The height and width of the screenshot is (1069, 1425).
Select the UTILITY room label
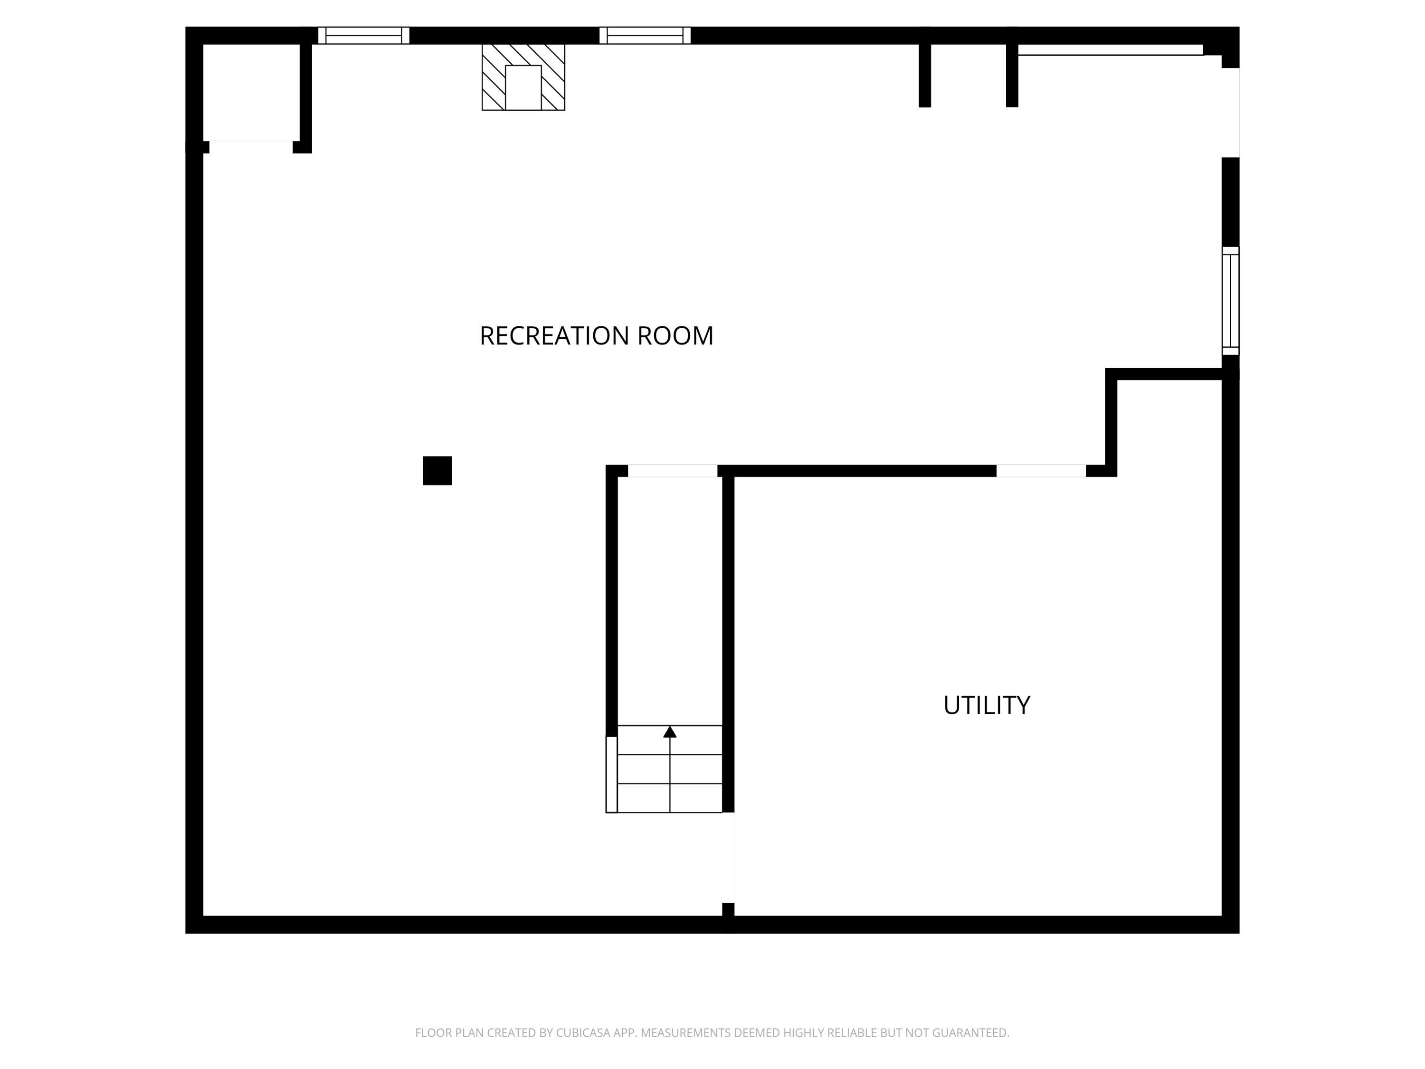986,706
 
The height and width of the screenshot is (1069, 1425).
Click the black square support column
437,470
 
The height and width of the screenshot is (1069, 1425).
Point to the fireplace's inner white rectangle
523,87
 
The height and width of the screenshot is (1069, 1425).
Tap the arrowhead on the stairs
670,732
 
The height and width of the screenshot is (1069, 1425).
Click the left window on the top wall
364,36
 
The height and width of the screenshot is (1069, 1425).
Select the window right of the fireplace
645,36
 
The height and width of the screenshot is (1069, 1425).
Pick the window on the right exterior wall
1230,301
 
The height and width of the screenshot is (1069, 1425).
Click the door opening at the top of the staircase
673,471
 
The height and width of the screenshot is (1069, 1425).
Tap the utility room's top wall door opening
1041,471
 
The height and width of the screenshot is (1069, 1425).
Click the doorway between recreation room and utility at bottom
728,858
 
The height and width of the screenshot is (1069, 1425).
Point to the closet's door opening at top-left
251,147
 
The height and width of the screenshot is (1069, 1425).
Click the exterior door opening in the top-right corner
1230,112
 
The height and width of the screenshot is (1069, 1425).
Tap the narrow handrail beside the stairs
611,774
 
